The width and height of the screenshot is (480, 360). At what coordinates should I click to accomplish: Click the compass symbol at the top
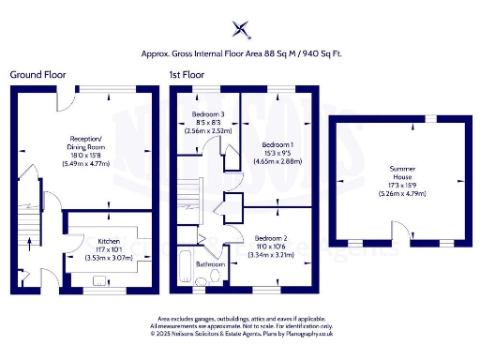point(241,29)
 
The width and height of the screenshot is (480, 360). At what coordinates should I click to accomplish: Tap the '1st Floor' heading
point(187,73)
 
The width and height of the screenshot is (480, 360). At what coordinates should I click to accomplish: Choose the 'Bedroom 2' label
point(270,238)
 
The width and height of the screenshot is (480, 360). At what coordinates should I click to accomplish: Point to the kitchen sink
point(99,278)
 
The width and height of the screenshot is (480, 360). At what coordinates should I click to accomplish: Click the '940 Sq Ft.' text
point(320,53)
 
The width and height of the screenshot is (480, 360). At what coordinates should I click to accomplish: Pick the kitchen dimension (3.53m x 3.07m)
point(97,256)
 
